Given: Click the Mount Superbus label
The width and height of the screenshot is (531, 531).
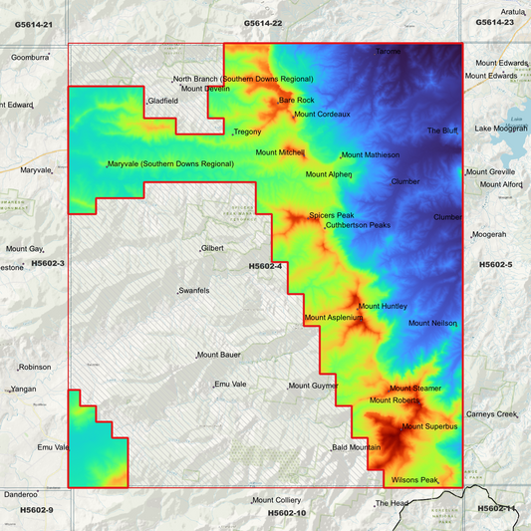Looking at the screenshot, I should tap(429, 427).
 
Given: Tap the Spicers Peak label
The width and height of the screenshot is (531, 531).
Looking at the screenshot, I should tap(331, 215).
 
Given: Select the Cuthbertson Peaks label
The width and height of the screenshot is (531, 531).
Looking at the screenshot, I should tap(358, 225).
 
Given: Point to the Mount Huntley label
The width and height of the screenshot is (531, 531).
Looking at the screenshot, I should tap(383, 306).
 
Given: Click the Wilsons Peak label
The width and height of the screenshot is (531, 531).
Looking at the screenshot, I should tap(415, 480).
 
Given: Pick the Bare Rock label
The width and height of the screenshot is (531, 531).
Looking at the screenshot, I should tap(296, 100).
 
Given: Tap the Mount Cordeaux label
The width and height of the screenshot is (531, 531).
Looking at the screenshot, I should tap(322, 115).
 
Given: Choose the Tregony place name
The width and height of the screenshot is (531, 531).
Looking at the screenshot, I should tap(246, 132).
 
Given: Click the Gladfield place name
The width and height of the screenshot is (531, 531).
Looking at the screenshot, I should tap(162, 101).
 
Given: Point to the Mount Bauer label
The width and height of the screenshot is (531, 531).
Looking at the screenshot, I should tap(220, 355).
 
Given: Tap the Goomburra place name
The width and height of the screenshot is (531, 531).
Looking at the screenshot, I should tap(30, 57).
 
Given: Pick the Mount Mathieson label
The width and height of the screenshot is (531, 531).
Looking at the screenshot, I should tap(371, 154).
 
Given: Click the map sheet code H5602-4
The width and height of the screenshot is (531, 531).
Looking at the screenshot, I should tap(265, 266).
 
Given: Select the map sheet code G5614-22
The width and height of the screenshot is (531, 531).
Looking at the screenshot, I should tap(263, 22).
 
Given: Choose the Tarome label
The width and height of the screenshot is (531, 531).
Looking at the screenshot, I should tap(388, 51).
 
